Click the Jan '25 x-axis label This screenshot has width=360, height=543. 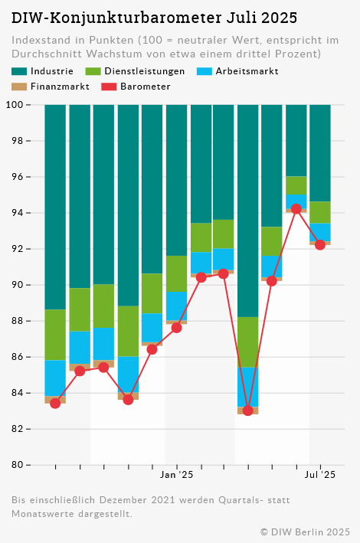click(x=177, y=476)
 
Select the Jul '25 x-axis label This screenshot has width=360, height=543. click(x=320, y=476)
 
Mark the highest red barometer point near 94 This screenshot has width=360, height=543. click(x=296, y=209)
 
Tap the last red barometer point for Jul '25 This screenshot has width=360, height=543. click(x=320, y=245)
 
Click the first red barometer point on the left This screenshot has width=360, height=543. click(x=55, y=403)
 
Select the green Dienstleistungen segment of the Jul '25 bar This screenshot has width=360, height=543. click(x=320, y=212)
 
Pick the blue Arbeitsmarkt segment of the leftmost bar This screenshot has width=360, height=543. click(x=55, y=378)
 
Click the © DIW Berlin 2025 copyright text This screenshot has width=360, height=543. click(x=305, y=532)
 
